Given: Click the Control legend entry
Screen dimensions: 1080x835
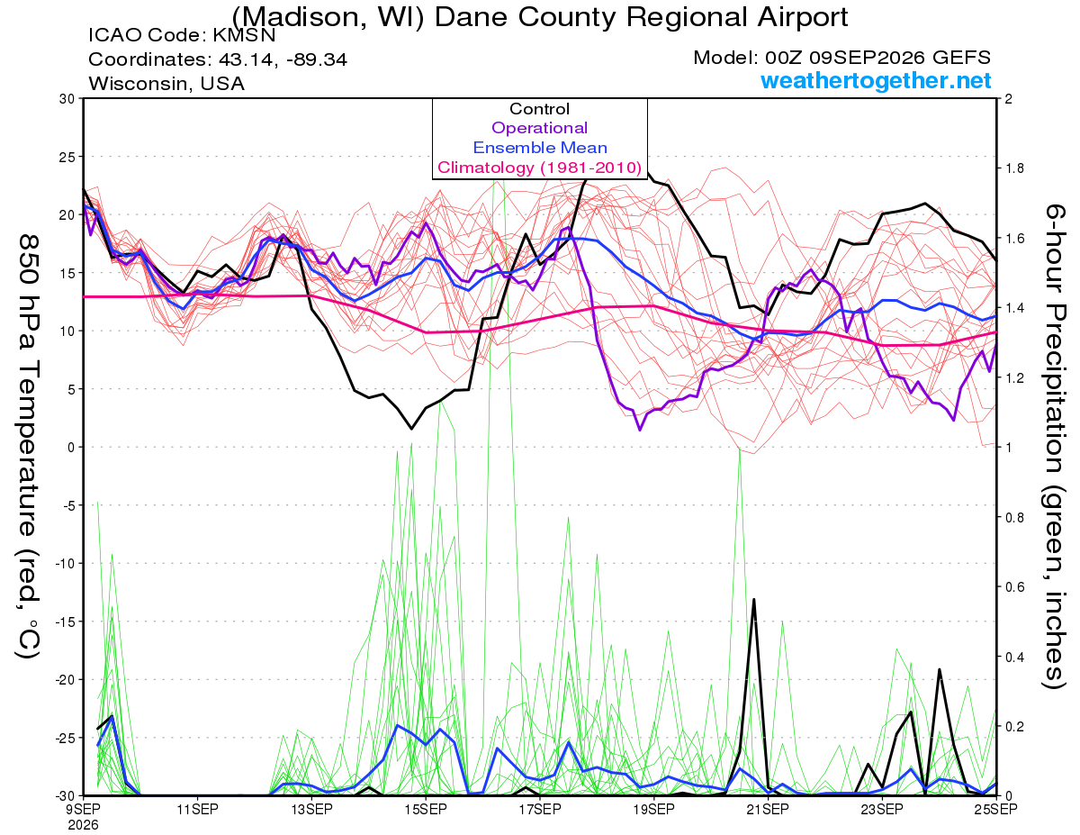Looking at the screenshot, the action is (x=539, y=109).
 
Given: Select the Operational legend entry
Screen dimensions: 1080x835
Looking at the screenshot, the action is (x=539, y=128).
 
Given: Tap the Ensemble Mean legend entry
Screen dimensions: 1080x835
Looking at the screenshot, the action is (x=540, y=148).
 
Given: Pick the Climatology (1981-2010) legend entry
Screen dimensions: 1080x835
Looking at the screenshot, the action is (x=539, y=168).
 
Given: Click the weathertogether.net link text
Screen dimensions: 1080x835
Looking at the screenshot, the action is (x=876, y=80).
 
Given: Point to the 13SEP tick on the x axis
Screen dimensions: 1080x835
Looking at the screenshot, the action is (x=311, y=809).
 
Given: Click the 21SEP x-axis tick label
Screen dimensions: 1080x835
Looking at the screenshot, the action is (x=768, y=809).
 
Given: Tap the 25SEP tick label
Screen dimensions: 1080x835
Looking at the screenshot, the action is (x=996, y=809).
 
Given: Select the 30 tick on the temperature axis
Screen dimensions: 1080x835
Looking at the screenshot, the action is (x=67, y=99).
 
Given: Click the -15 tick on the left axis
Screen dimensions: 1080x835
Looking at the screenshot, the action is (x=64, y=622).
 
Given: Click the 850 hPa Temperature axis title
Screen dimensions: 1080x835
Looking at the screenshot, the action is (x=28, y=447).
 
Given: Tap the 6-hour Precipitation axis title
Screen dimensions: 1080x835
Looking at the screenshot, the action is (x=1054, y=447).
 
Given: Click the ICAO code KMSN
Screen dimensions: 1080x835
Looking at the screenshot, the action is (x=244, y=35).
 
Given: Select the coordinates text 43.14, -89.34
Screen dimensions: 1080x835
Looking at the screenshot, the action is (x=283, y=59).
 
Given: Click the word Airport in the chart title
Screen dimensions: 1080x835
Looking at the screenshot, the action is (x=802, y=18).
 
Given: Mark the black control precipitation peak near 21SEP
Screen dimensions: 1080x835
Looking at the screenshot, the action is (x=754, y=599).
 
